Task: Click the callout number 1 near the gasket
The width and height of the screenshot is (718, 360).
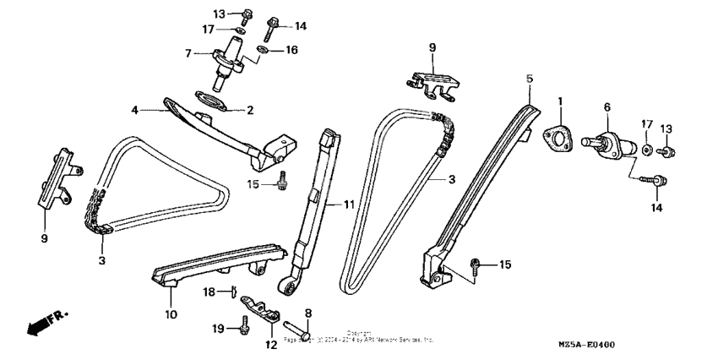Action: [559, 102]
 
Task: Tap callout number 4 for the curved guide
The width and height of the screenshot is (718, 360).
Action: [133, 109]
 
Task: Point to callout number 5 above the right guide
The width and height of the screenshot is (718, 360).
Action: [530, 79]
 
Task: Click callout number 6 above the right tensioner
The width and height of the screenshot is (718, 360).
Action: [606, 107]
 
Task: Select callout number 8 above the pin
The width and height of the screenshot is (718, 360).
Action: [308, 314]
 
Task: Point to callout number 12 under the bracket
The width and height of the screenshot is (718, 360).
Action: [271, 344]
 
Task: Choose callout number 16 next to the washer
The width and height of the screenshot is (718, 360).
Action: [291, 51]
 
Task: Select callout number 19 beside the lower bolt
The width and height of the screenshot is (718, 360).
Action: [217, 326]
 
